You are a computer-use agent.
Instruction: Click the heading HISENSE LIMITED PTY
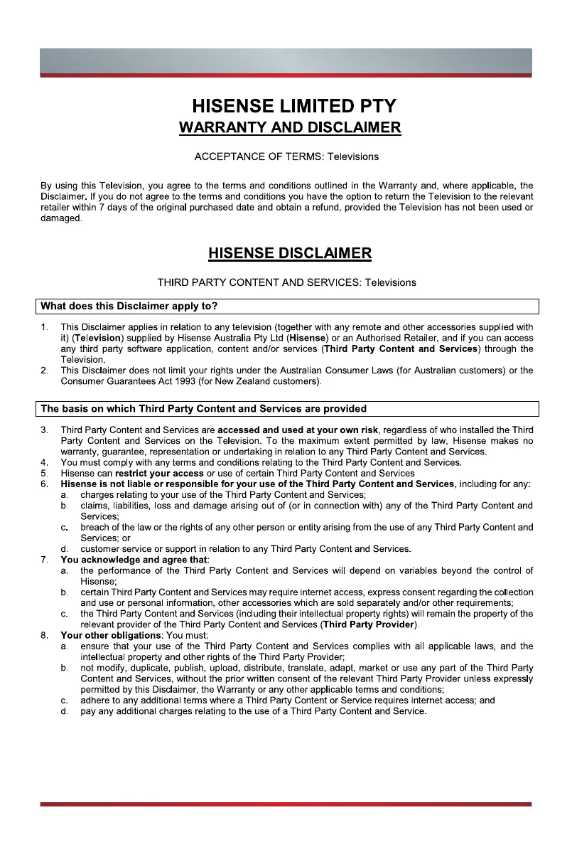(293, 107)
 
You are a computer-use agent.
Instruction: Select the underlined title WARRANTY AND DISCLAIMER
(290, 128)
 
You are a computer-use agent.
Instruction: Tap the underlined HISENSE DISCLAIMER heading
(289, 253)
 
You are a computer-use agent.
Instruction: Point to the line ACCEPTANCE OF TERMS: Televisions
(286, 156)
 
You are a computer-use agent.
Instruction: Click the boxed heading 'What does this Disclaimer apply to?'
(129, 307)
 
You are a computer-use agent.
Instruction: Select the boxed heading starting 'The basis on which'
(204, 409)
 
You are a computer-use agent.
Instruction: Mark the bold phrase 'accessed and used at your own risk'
(298, 430)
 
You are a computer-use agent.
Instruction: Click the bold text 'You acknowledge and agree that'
(134, 560)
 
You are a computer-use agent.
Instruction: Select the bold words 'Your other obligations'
(111, 635)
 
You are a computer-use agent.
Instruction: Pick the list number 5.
(44, 473)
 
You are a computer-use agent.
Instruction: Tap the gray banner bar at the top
(286, 62)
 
